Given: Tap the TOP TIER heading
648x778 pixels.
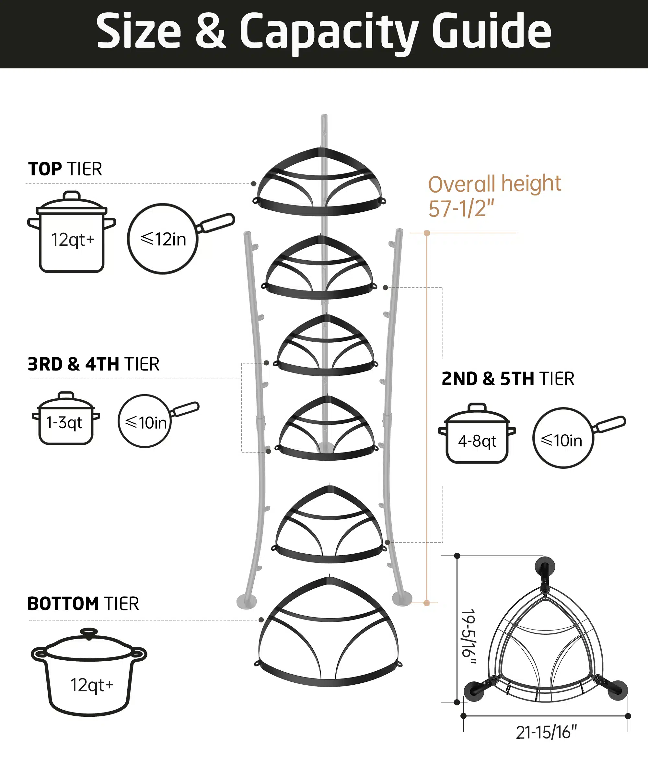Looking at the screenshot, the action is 65,169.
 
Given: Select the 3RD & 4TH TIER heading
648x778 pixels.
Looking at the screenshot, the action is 93,364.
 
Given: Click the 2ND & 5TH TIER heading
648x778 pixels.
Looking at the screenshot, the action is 508,379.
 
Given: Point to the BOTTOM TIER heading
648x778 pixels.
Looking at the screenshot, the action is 83,604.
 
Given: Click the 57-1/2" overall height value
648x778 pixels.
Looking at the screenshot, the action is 461,208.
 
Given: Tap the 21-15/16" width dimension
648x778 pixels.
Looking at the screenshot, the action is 546,732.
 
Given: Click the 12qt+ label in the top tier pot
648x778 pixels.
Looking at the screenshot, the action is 73,240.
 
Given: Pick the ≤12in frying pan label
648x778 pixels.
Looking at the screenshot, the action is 163,239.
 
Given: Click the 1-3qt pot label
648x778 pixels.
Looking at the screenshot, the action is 64,423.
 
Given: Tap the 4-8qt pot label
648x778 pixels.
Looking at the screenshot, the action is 477,441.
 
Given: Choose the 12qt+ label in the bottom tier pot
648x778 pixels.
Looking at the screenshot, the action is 92,685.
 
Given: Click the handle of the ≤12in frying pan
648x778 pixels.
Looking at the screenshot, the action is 216,223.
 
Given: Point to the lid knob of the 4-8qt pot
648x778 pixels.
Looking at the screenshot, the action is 477,407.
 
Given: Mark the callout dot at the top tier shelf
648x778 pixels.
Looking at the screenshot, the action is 254,184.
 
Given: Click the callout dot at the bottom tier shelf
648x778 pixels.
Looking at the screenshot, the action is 261,620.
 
